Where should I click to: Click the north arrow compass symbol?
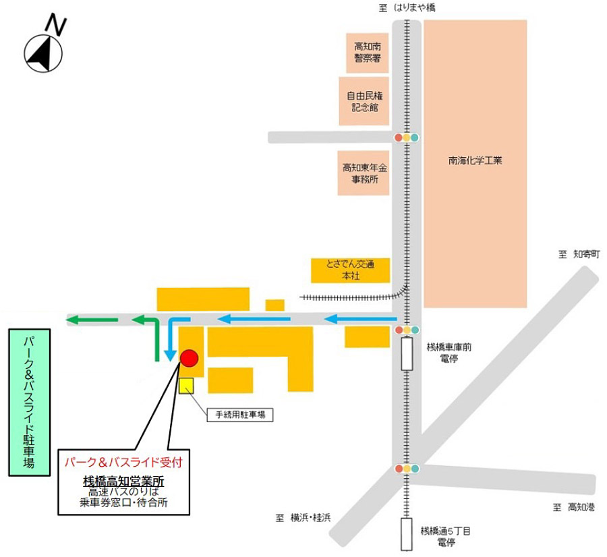pyautogui.click(x=43, y=52)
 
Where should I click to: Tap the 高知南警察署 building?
pyautogui.click(x=368, y=53)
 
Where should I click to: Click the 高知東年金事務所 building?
pyautogui.click(x=365, y=173)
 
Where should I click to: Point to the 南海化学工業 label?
pyautogui.click(x=475, y=161)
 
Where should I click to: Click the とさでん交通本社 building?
pyautogui.click(x=351, y=270)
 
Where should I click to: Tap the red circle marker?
pyautogui.click(x=189, y=358)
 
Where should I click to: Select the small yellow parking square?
pyautogui.click(x=186, y=385)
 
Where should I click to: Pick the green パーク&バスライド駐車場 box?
pyautogui.click(x=30, y=403)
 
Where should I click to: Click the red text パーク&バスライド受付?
pyautogui.click(x=123, y=463)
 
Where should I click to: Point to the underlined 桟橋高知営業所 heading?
pyautogui.click(x=123, y=481)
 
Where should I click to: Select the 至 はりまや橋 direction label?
pyautogui.click(x=409, y=7)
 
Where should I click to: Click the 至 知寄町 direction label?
pyautogui.click(x=578, y=254)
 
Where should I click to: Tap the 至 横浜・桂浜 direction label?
pyautogui.click(x=303, y=518)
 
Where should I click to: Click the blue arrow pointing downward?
pyautogui.click(x=171, y=337)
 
